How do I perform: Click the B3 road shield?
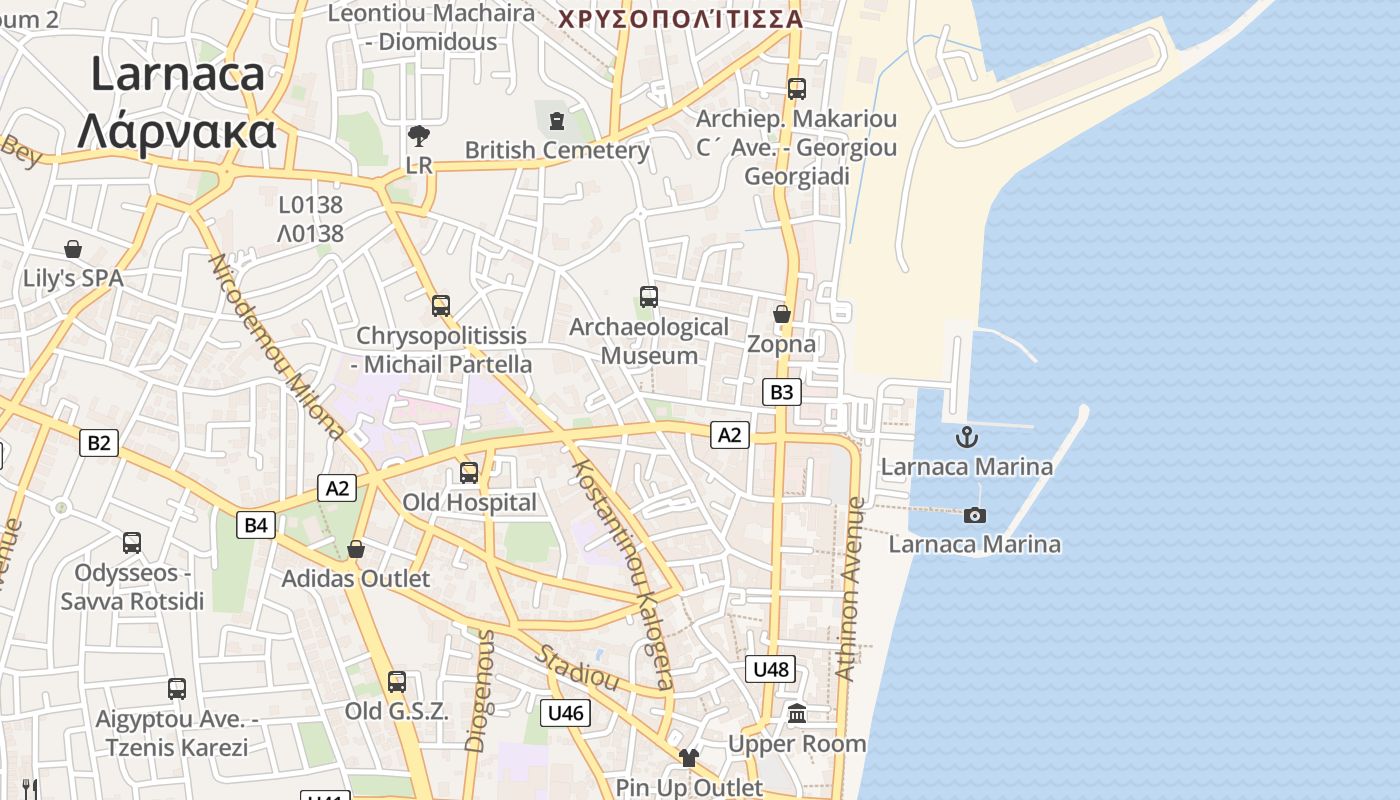point(782,392)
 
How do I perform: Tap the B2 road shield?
point(98,442)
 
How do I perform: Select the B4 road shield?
point(257,524)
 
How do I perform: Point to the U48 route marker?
point(770,669)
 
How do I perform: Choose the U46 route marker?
point(565,713)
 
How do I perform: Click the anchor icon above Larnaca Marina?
point(966,437)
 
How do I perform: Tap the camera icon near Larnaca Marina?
point(975,515)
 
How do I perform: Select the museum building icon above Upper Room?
point(797,714)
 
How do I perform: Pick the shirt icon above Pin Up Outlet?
point(688,758)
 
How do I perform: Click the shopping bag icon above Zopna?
point(782,314)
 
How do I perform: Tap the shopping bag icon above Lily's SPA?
point(73,249)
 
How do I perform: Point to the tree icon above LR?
point(419,136)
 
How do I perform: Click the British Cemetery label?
point(557,150)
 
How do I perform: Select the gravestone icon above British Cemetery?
point(557,121)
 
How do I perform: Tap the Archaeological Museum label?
point(649,341)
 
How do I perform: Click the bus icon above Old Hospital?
point(469,472)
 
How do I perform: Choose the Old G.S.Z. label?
point(396,711)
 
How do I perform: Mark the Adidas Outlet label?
point(355,578)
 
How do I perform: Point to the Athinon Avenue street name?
point(849,590)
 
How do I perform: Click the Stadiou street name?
point(578,668)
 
